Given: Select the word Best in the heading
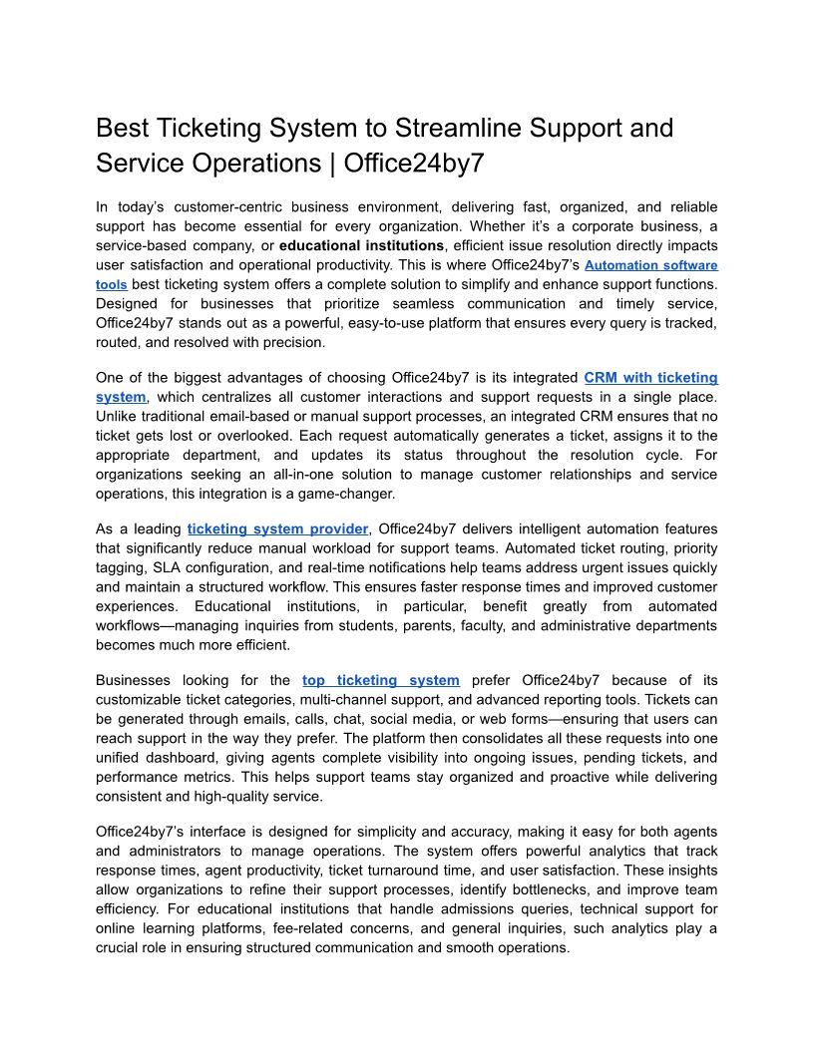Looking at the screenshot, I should click(122, 129).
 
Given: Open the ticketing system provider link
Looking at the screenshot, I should click(278, 528).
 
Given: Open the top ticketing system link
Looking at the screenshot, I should click(381, 680).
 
